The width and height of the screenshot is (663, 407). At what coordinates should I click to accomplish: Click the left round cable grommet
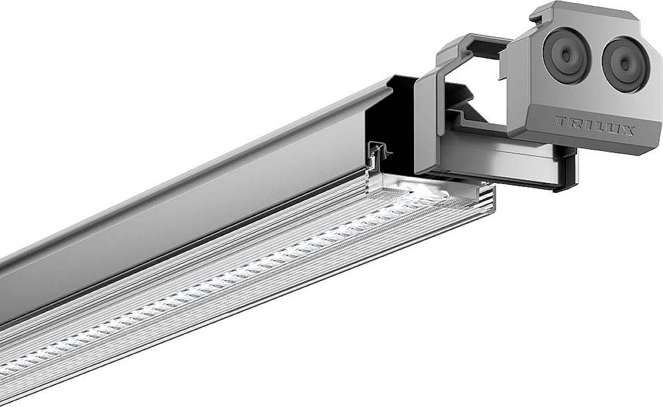coord(565,55)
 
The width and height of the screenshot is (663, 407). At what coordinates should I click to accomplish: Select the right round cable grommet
coord(624,64)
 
